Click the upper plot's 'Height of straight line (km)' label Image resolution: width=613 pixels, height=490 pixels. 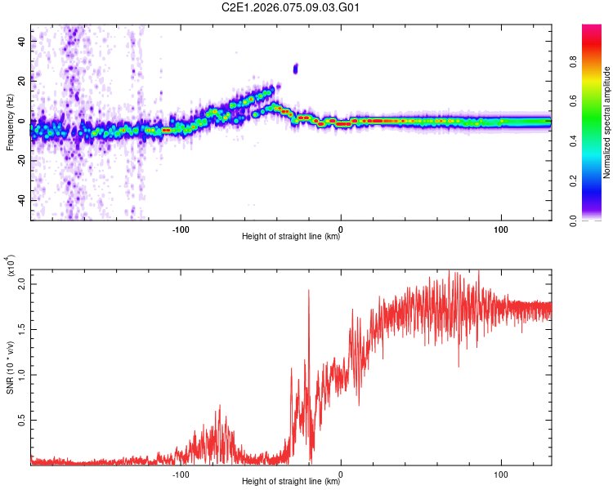point(291,237)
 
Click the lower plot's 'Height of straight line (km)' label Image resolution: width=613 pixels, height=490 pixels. point(291,481)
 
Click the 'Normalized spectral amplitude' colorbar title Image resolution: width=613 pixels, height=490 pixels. point(606,122)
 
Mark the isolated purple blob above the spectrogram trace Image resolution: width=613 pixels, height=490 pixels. point(296,69)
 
